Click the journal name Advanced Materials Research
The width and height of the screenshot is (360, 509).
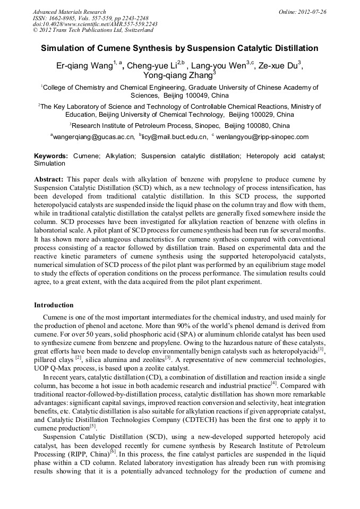tap(69, 12)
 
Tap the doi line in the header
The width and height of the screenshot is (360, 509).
tap(95, 24)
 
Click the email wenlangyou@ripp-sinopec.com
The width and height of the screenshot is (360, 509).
tap(262, 137)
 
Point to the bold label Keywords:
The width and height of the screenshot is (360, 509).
tap(51, 156)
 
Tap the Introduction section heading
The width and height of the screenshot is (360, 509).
tap(54, 305)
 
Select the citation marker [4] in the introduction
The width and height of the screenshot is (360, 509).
tap(273, 383)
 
